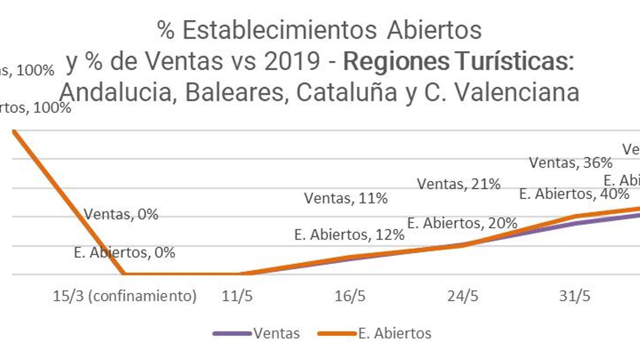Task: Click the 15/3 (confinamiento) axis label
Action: (125, 296)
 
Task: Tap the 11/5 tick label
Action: (237, 296)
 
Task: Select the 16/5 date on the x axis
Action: (350, 296)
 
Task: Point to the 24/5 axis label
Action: (463, 296)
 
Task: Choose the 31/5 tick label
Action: (575, 296)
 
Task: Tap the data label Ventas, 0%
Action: (121, 214)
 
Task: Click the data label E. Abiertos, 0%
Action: (124, 252)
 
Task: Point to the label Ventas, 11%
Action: (346, 198)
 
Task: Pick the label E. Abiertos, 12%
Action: (349, 234)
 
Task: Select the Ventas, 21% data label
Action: (459, 184)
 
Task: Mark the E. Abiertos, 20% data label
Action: (462, 223)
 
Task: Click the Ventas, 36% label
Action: (570, 163)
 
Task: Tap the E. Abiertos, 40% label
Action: (574, 194)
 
